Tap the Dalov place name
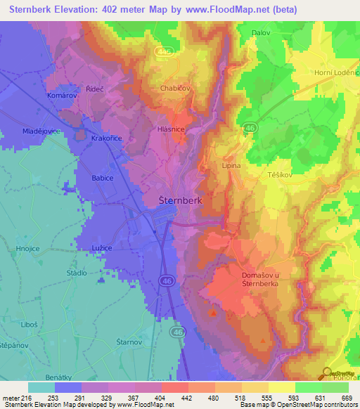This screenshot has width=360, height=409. [261, 32]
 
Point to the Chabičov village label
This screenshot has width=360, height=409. [176, 89]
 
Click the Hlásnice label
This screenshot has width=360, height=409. [171, 130]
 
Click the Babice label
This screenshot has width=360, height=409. [103, 178]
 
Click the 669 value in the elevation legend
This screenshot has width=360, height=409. [345, 398]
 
